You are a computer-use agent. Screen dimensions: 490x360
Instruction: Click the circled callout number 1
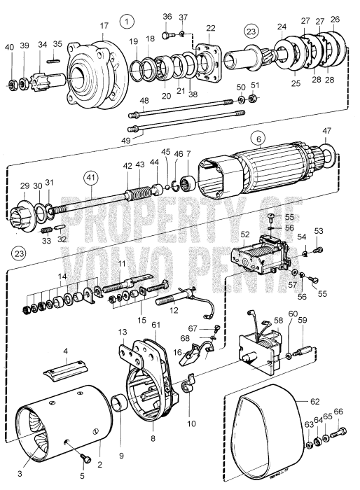point(127,20)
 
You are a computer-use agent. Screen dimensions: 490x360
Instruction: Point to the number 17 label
point(104,27)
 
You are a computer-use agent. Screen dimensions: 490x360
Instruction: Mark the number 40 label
point(9,47)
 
